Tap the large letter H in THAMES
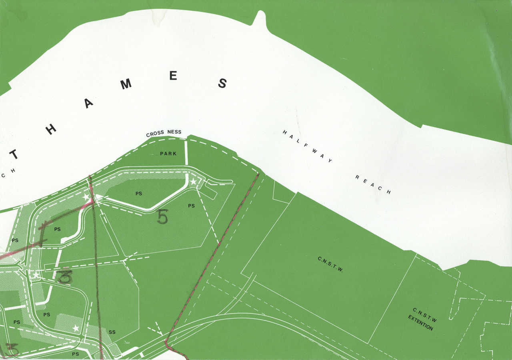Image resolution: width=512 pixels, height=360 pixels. pyautogui.click(x=51, y=129)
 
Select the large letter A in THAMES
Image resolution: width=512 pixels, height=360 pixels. pyautogui.click(x=88, y=104)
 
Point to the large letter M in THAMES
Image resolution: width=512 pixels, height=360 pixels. pyautogui.click(x=126, y=84)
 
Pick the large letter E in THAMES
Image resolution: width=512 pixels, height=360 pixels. pyautogui.click(x=173, y=75)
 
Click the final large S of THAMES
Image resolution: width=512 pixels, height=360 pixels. pyautogui.click(x=222, y=83)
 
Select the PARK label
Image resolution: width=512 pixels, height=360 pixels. pyautogui.click(x=168, y=154)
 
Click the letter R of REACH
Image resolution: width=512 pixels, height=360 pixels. pyautogui.click(x=357, y=177)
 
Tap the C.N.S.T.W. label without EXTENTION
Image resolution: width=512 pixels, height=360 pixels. pyautogui.click(x=331, y=264)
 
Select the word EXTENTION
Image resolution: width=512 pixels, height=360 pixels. pyautogui.click(x=420, y=323)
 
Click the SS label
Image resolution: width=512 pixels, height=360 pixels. pyautogui.click(x=112, y=332)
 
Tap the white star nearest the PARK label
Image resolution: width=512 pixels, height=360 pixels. pyautogui.click(x=194, y=182)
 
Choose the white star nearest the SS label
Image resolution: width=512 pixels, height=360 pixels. pyautogui.click(x=76, y=328)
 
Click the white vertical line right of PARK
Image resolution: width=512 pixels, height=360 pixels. pyautogui.click(x=186, y=152)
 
